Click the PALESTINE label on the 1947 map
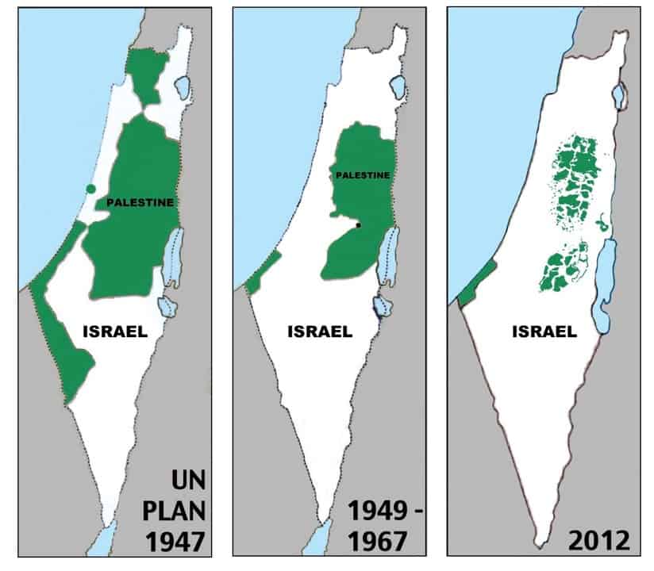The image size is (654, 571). tap(140, 203)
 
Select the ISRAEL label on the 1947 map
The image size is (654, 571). tap(115, 332)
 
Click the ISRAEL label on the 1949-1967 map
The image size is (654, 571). tap(320, 332)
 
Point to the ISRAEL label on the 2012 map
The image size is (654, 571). tap(544, 332)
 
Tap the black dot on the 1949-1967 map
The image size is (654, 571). tap(359, 226)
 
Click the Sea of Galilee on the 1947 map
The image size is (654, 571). tap(183, 87)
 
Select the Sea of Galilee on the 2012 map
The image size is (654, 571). tap(618, 97)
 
